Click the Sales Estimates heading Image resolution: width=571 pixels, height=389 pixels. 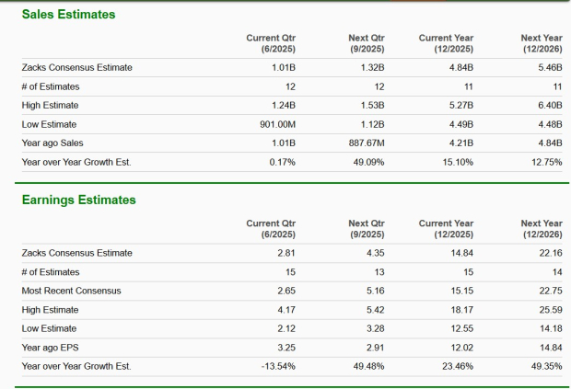click(x=62, y=14)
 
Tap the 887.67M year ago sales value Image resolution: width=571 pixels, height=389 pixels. click(x=366, y=143)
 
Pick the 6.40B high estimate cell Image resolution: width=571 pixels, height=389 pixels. click(x=547, y=105)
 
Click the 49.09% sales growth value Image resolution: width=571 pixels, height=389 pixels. click(x=367, y=162)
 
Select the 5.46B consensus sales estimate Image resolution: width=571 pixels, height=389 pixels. click(x=547, y=67)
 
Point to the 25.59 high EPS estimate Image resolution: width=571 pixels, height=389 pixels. click(x=549, y=309)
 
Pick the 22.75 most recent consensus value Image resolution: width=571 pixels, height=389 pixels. click(x=549, y=291)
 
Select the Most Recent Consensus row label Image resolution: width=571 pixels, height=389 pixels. click(x=71, y=291)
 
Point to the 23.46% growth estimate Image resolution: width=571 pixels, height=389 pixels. click(x=458, y=366)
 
